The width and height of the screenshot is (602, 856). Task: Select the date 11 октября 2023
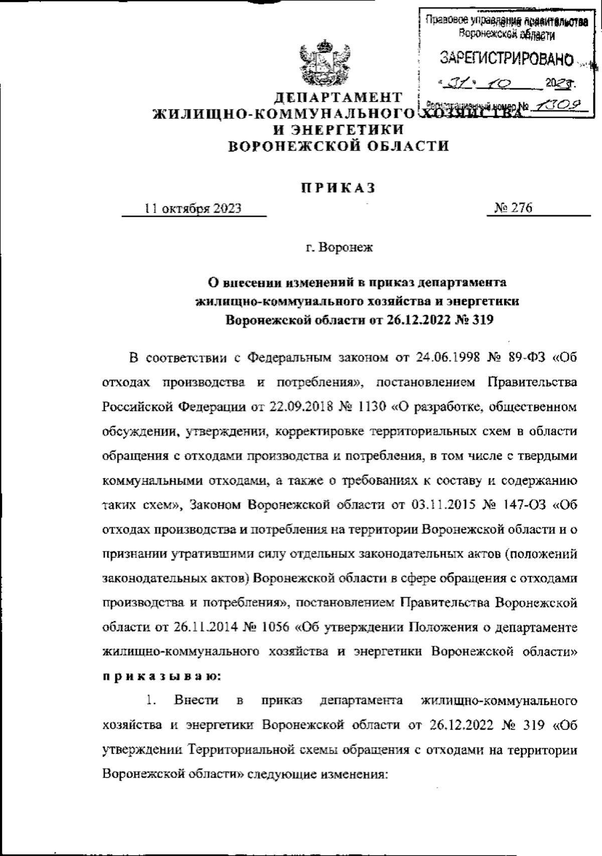[193, 208]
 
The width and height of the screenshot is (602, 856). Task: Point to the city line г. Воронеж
[339, 247]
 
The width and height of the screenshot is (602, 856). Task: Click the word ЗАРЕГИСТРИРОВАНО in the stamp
[506, 60]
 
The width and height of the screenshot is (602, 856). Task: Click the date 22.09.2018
[300, 406]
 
